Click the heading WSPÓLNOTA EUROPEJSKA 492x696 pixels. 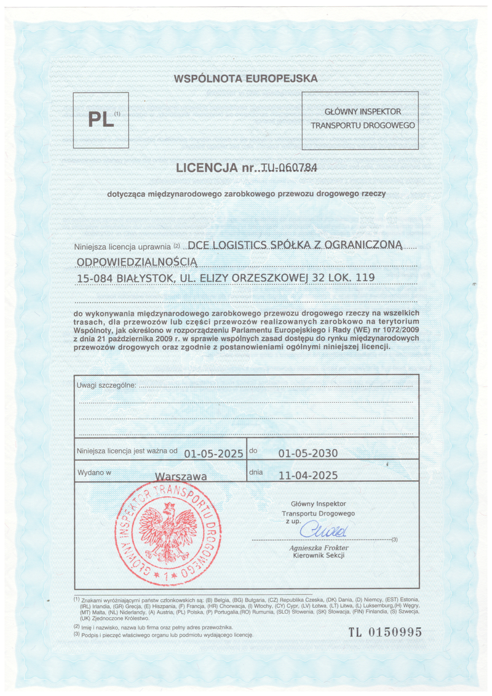[246, 79]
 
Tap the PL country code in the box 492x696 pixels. [101, 119]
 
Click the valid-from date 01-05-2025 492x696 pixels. [214, 454]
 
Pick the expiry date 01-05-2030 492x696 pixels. [308, 454]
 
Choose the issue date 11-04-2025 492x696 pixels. [308, 475]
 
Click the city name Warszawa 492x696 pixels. [181, 476]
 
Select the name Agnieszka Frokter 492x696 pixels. [319, 547]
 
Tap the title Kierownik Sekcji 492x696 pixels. [319, 555]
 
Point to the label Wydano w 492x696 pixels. [94, 473]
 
